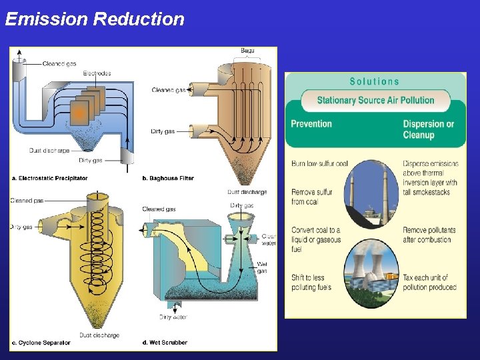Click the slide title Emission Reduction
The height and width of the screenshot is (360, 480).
tap(95, 19)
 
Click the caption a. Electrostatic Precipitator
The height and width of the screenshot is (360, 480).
tap(50, 178)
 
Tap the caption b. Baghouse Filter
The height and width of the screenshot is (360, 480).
tap(168, 178)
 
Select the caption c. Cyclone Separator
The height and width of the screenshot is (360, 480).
tap(41, 343)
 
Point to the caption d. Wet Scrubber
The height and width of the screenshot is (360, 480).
tap(165, 343)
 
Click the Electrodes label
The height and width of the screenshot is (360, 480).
tap(97, 73)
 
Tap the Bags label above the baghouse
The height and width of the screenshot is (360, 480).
tap(247, 51)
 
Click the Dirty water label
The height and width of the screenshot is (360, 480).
tap(173, 317)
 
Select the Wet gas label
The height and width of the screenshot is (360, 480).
tap(262, 267)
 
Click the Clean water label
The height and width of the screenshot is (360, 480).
tap(269, 240)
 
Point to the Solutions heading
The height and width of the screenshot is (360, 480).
tap(375, 81)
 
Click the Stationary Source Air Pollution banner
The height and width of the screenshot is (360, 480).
tap(375, 101)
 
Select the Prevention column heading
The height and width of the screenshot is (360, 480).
tap(311, 123)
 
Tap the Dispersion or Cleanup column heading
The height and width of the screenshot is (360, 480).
tap(428, 129)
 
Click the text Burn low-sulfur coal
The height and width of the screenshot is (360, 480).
tap(319, 163)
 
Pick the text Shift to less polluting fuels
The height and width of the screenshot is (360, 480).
tap(312, 283)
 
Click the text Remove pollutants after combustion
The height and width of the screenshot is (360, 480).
tap(427, 235)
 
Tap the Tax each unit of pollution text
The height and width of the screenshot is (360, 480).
tap(429, 283)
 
